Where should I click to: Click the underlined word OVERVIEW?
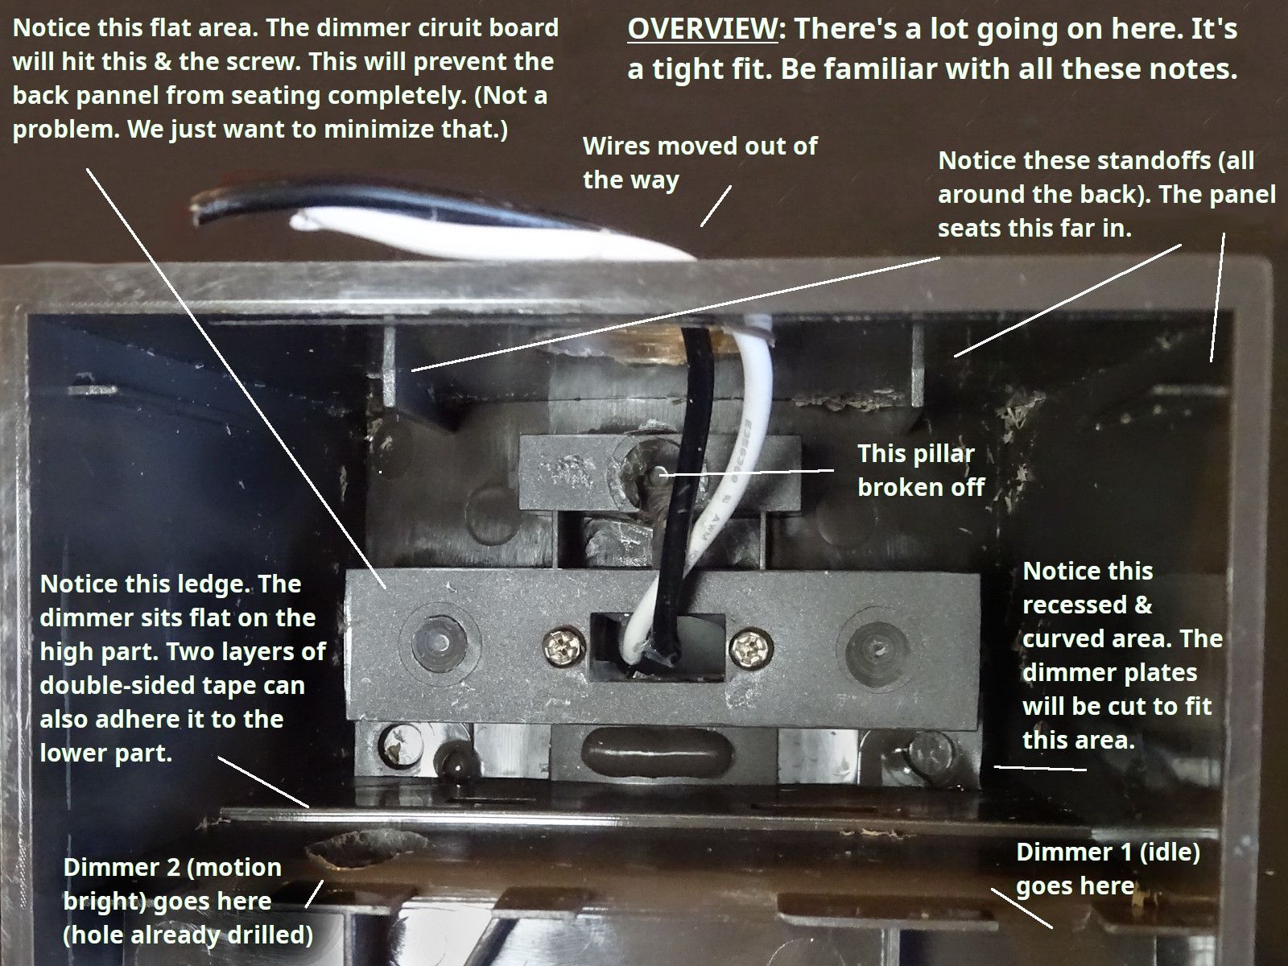tap(701, 29)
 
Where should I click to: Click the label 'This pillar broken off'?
tap(920, 470)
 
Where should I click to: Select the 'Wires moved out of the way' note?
tap(699, 162)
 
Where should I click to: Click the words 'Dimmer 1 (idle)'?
tap(1107, 852)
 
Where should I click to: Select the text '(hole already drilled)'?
tap(188, 935)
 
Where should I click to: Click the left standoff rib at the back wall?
tap(387, 362)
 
